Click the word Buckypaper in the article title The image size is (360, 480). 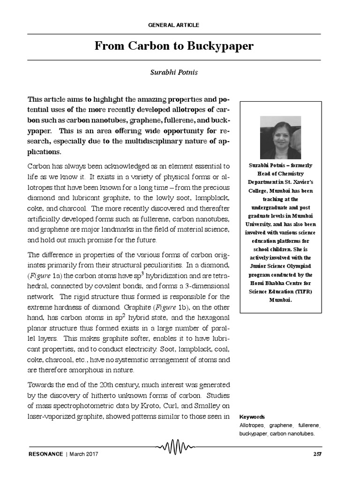tap(220, 46)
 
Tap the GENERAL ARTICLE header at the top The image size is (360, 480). tap(173, 25)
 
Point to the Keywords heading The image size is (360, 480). tap(252, 417)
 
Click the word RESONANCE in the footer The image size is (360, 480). tap(45, 454)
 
